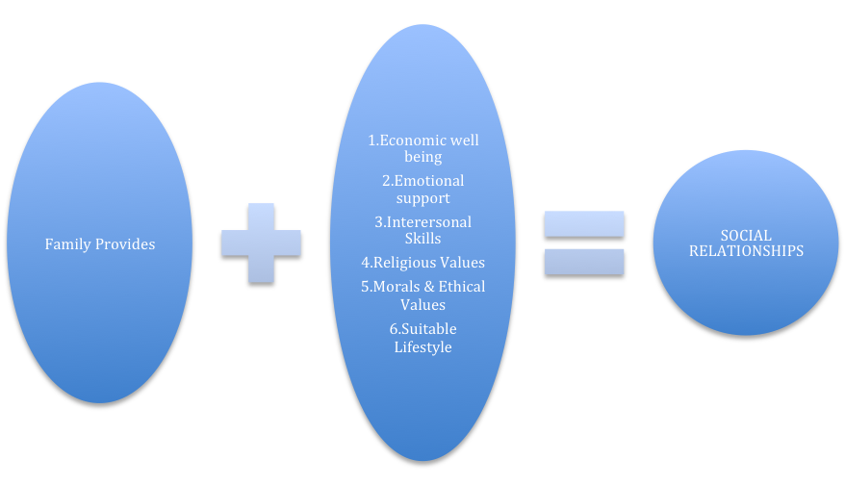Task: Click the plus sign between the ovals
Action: point(261,243)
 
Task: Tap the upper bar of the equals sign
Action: point(584,223)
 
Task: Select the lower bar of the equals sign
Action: point(584,261)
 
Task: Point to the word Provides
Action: point(125,244)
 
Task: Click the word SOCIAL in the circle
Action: point(746,236)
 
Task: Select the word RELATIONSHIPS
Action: point(746,251)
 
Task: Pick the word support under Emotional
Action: point(422,198)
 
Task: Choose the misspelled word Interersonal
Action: point(428,222)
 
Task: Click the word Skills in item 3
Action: point(422,238)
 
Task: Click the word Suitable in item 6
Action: point(429,329)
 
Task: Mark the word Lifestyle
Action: point(422,346)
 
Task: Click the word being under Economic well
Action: point(422,157)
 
